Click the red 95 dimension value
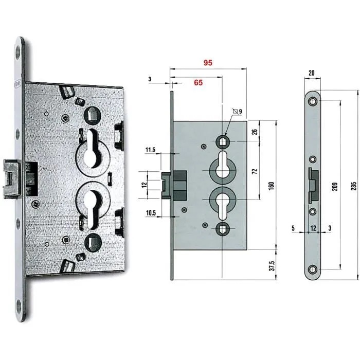tap(208, 63)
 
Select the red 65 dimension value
tap(199, 82)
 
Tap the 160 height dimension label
tap(271, 186)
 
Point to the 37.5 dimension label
tap(272, 266)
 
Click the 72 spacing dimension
tap(255, 171)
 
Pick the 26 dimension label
tap(255, 132)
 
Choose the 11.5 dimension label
tap(150, 150)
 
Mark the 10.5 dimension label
tap(151, 213)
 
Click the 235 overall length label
tap(354, 186)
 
